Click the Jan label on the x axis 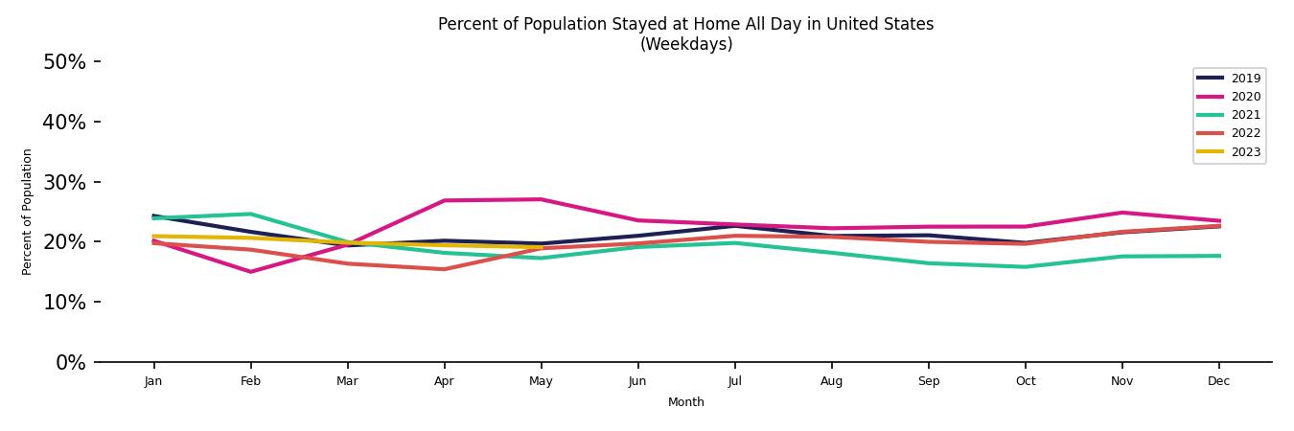[153, 381]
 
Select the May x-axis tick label [541, 381]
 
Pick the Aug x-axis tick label [831, 381]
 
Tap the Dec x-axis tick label [1218, 381]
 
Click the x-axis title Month [686, 402]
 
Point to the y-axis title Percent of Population [27, 212]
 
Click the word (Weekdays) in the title [686, 44]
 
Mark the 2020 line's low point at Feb [250, 272]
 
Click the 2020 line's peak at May [541, 199]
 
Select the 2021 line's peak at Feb [250, 214]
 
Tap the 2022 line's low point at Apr [444, 269]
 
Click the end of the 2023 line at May [541, 247]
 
